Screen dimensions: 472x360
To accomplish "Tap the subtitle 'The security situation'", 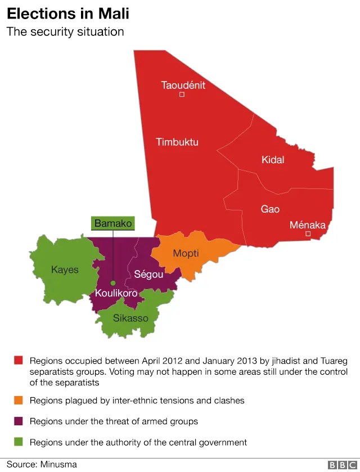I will [x=65, y=32].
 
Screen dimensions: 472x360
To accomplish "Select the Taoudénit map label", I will [x=183, y=86].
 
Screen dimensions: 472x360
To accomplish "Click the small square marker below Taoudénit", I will [x=182, y=95].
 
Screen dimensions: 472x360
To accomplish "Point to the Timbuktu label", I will [x=177, y=142].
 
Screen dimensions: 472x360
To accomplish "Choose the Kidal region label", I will [x=273, y=160].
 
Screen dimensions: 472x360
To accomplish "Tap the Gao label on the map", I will [x=270, y=209].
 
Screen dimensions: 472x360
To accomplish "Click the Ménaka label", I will [x=307, y=225].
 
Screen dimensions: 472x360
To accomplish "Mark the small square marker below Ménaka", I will [x=308, y=233].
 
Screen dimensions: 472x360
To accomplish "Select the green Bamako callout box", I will [x=113, y=223].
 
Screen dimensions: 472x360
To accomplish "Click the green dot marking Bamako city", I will [x=113, y=283].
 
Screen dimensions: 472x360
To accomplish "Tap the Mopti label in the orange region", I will [x=186, y=253].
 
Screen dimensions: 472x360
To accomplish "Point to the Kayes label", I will [x=65, y=269].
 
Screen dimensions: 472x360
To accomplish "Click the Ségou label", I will [x=148, y=275].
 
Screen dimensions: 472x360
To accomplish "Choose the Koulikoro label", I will [x=116, y=294].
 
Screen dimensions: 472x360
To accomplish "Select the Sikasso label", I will [x=130, y=318].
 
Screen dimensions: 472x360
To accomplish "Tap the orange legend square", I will [x=19, y=401].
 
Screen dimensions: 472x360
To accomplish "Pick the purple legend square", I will [x=19, y=421].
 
